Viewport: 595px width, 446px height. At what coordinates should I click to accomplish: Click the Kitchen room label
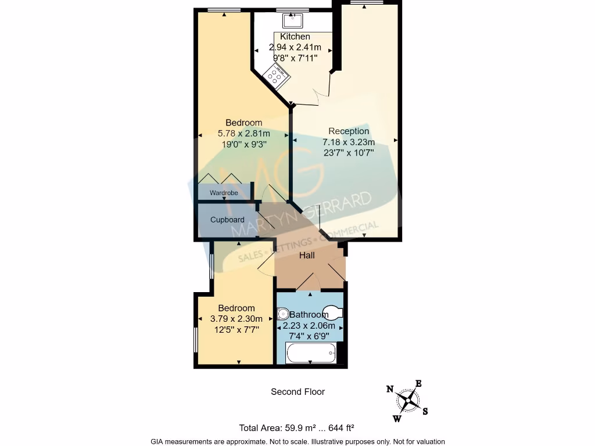(x=295, y=37)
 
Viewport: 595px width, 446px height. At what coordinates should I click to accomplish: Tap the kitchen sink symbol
(x=292, y=21)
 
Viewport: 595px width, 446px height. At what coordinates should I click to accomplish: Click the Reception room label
(x=349, y=131)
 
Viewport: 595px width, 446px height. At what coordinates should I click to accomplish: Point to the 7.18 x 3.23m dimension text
(x=349, y=142)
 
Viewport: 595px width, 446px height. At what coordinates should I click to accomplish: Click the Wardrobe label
(x=224, y=193)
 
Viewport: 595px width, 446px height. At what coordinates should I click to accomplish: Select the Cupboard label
(x=227, y=220)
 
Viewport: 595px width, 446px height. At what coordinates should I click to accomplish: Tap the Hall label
(x=307, y=256)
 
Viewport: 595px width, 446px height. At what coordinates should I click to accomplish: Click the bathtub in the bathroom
(x=311, y=353)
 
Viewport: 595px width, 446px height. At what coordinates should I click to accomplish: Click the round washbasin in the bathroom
(x=284, y=314)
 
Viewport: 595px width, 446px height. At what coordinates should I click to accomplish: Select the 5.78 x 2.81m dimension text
(x=243, y=134)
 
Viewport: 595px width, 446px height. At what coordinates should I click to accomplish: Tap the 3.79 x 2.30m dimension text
(x=236, y=319)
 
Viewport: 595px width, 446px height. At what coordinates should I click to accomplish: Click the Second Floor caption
(x=297, y=392)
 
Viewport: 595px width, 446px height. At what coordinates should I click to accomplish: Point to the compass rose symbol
(x=409, y=400)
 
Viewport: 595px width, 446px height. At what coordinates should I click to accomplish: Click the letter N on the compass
(x=390, y=389)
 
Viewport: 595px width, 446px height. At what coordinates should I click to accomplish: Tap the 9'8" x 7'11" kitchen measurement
(x=295, y=57)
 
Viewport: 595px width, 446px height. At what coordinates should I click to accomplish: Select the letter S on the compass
(x=425, y=412)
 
